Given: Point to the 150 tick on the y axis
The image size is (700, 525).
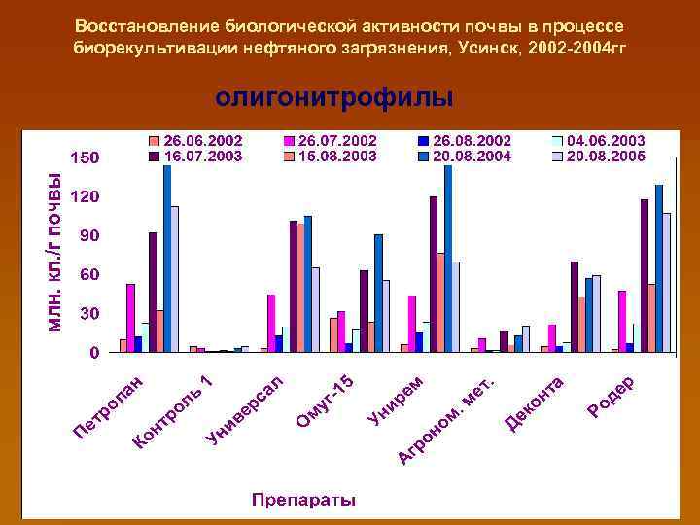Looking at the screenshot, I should click(x=86, y=157).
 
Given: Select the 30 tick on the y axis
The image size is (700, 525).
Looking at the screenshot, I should click(x=88, y=314).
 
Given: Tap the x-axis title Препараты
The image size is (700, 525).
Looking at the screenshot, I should click(x=303, y=501).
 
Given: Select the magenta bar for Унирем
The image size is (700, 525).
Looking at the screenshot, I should click(x=412, y=323).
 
